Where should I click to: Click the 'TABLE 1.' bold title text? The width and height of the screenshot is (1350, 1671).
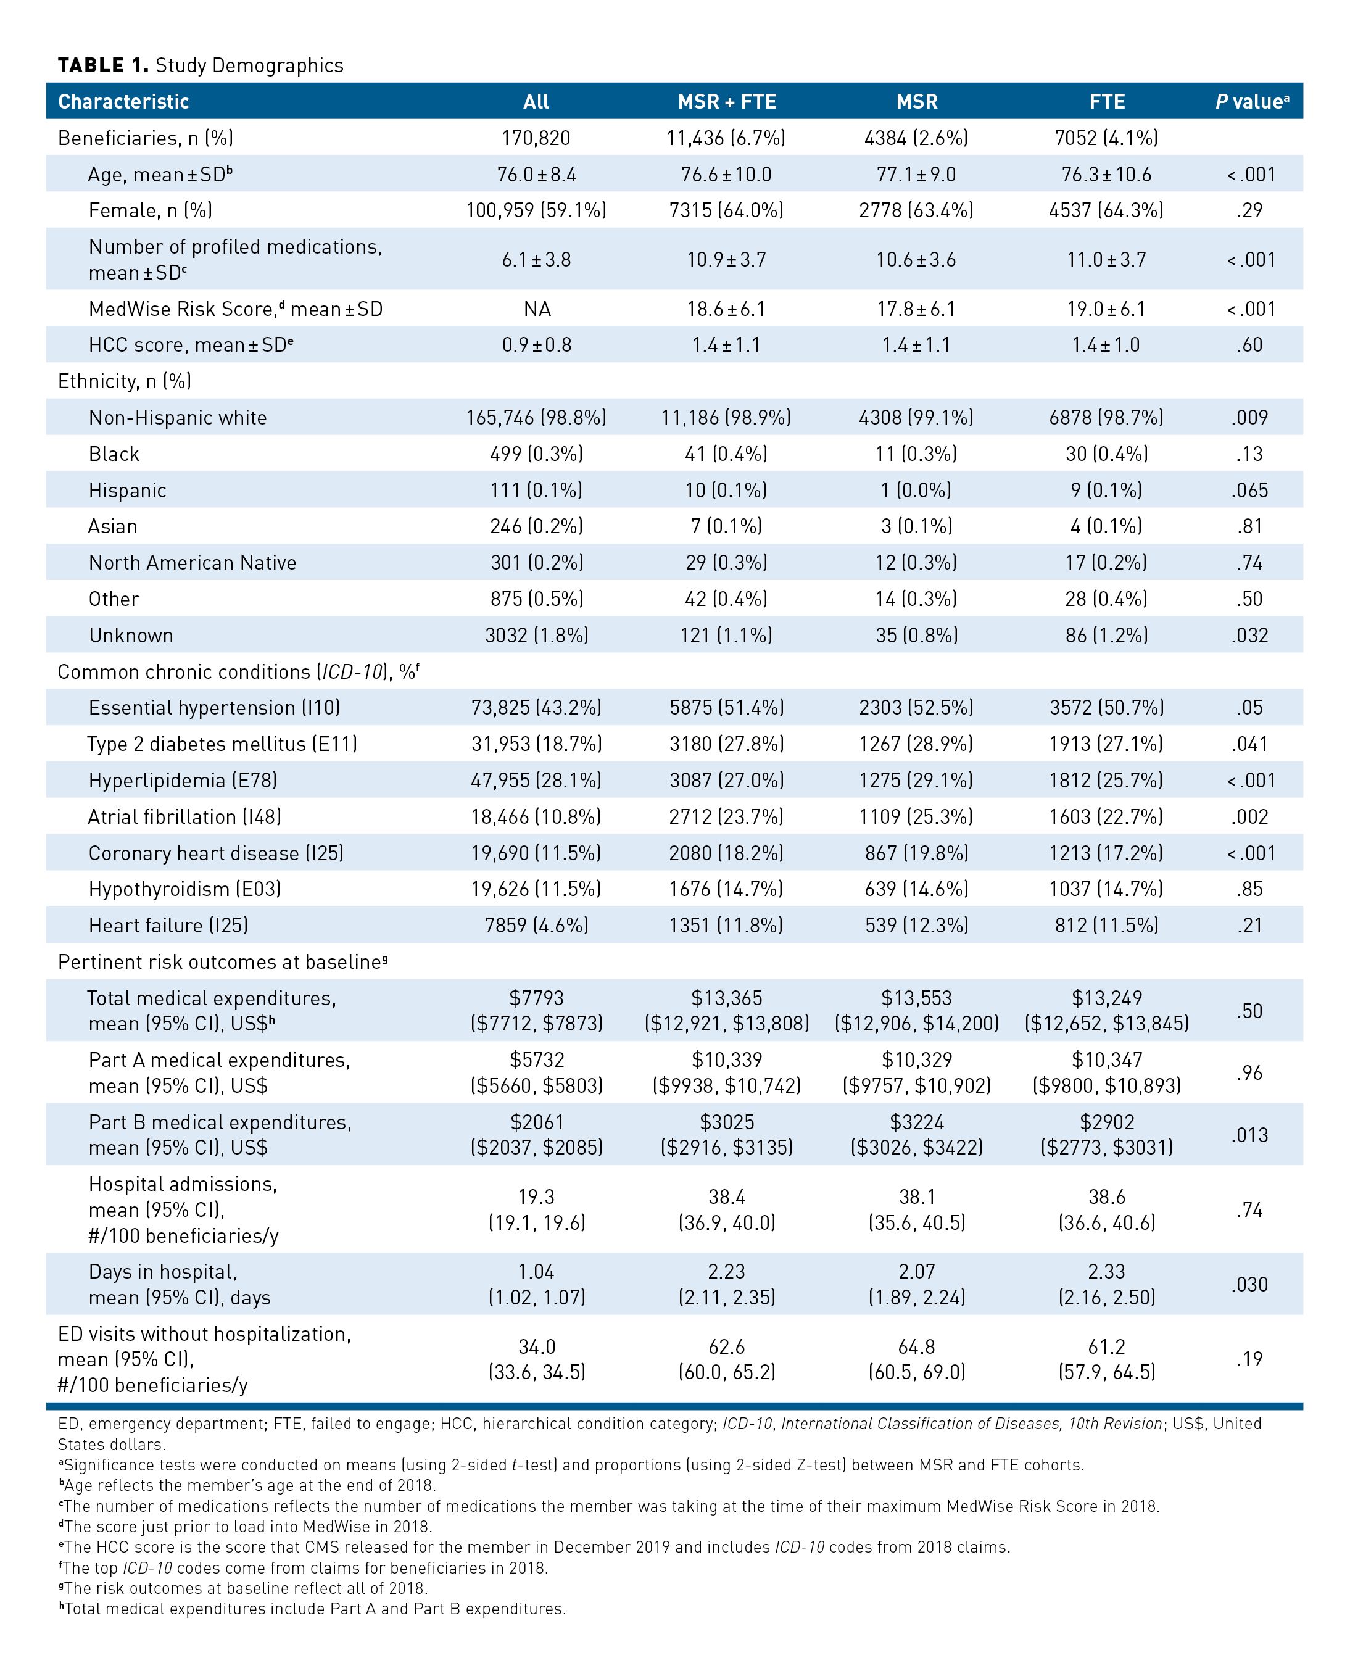[102, 65]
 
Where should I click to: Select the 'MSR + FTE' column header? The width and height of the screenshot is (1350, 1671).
[726, 102]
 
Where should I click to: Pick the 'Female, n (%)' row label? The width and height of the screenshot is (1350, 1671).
[150, 210]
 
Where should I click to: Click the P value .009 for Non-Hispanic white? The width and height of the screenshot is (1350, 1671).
[1249, 418]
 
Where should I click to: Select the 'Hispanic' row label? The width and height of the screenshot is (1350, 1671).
[128, 491]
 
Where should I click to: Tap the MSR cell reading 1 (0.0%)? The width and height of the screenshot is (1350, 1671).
[916, 491]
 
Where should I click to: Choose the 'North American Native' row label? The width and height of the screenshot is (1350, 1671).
[192, 563]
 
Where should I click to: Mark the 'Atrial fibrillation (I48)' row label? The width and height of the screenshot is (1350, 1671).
[184, 816]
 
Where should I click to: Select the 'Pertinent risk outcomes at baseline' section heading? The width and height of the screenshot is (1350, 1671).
[222, 962]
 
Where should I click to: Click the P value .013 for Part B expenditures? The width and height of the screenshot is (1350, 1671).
[1249, 1135]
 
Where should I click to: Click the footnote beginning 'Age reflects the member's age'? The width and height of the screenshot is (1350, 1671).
[249, 1485]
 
